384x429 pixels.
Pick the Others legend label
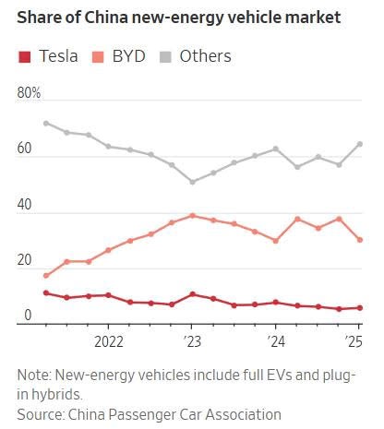click(205, 57)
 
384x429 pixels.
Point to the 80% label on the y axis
click(30, 94)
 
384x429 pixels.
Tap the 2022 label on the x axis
click(108, 338)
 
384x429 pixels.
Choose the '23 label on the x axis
click(191, 338)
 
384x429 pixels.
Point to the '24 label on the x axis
click(274, 338)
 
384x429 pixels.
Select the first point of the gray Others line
click(46, 123)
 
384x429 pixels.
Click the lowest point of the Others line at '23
click(192, 182)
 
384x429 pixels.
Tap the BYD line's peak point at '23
click(192, 216)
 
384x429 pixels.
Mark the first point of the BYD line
click(46, 276)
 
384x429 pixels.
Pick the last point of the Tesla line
click(359, 308)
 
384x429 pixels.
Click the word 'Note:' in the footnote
click(36, 375)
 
